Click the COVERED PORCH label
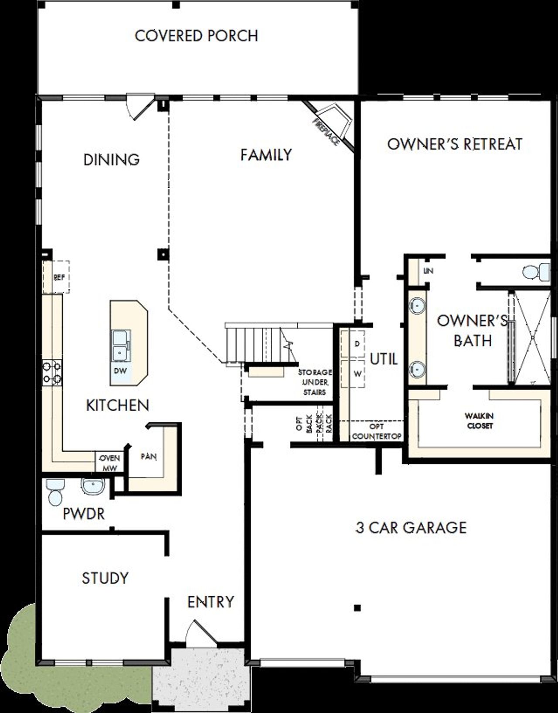pyautogui.click(x=196, y=36)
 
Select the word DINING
pyautogui.click(x=112, y=160)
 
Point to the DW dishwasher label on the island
pyautogui.click(x=120, y=371)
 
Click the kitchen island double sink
pyautogui.click(x=120, y=345)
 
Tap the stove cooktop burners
pyautogui.click(x=52, y=373)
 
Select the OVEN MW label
pyautogui.click(x=109, y=463)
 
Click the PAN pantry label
pyautogui.click(x=149, y=457)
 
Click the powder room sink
pyautogui.click(x=92, y=486)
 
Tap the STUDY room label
pyautogui.click(x=105, y=578)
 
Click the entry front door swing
pyautogui.click(x=198, y=632)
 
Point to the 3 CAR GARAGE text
pyautogui.click(x=411, y=528)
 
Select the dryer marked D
pyautogui.click(x=357, y=344)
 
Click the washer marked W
pyautogui.click(x=357, y=374)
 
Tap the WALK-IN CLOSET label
pyautogui.click(x=480, y=421)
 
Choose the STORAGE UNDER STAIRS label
pyautogui.click(x=314, y=382)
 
